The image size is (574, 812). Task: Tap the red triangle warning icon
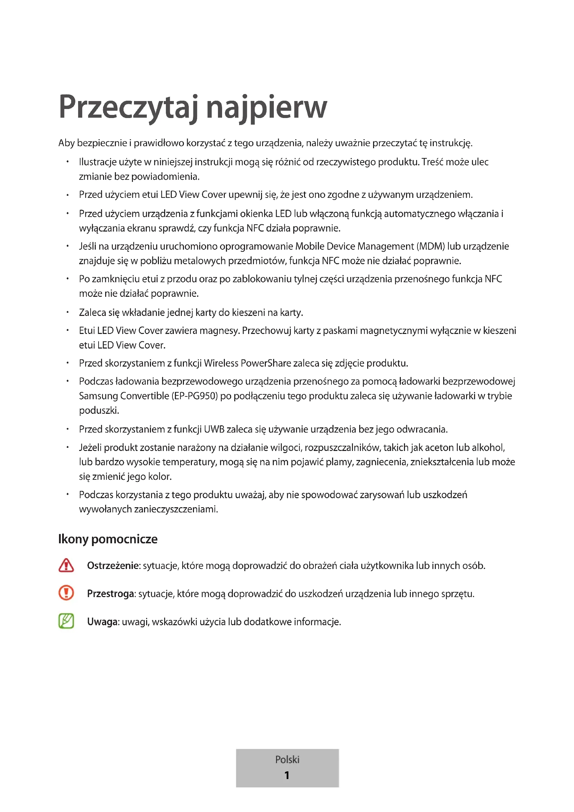66,566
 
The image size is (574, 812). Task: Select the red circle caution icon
66,593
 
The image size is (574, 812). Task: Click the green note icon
66,621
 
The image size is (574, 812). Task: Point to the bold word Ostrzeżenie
113,566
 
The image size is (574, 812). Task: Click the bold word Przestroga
110,593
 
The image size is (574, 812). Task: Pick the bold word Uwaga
102,622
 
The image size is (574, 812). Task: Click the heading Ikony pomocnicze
108,539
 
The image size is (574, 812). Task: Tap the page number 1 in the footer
287,775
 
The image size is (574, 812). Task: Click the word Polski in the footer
287,759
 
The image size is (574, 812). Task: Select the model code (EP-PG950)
194,396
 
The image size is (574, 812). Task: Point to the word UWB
214,429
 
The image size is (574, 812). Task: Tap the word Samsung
98,396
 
